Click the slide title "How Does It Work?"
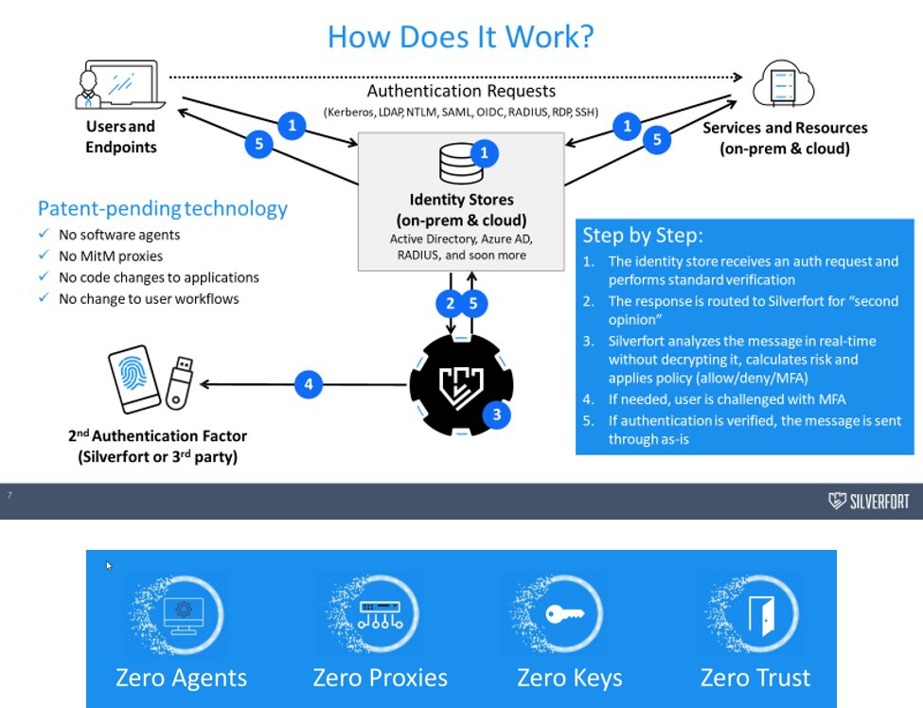click(x=460, y=36)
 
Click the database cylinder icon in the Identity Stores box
click(x=461, y=164)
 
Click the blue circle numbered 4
click(x=308, y=384)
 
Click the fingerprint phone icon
click(x=134, y=380)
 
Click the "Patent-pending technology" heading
click(x=162, y=208)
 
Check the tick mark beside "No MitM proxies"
click(x=44, y=256)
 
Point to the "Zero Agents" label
click(x=181, y=678)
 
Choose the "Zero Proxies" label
click(x=380, y=678)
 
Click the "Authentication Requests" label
click(x=461, y=91)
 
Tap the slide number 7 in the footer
click(x=9, y=495)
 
